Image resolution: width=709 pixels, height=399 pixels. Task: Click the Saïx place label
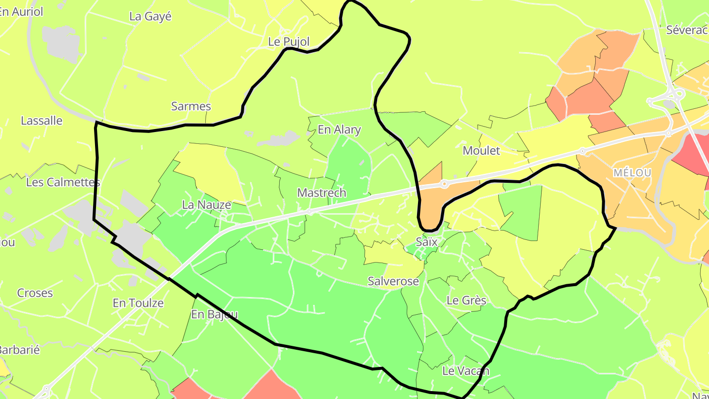(426, 242)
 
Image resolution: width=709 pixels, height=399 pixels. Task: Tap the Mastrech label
(322, 193)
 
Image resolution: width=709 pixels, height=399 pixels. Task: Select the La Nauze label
(206, 204)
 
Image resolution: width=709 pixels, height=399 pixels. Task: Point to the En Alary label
(339, 130)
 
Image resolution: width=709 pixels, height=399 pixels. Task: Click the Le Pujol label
(289, 42)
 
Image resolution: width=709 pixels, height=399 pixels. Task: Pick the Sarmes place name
(191, 106)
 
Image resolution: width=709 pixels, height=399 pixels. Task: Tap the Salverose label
(393, 281)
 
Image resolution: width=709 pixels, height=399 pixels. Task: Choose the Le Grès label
(466, 300)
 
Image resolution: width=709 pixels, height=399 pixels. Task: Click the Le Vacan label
(466, 371)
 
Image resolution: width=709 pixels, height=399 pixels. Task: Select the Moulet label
(481, 151)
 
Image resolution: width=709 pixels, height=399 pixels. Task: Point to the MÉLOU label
(632, 173)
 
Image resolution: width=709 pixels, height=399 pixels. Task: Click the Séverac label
(686, 30)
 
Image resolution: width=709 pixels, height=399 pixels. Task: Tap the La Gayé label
(150, 16)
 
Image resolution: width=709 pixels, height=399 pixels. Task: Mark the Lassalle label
(42, 121)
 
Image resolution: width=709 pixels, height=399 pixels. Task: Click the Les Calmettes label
(63, 182)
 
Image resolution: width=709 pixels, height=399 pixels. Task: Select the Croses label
(35, 293)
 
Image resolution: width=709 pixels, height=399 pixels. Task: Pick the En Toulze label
(138, 303)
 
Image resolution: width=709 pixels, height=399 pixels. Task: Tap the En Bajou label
(214, 314)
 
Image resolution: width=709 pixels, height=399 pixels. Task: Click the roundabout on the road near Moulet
(444, 184)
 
